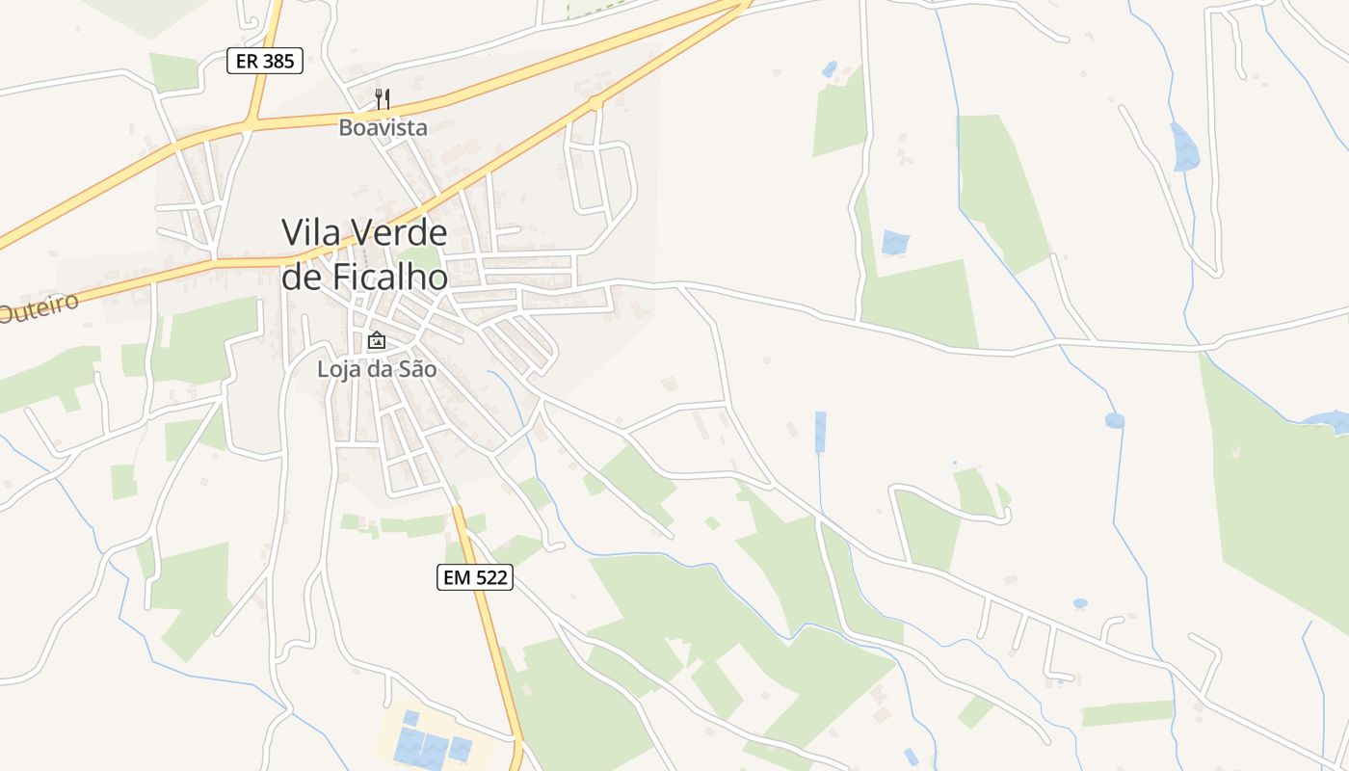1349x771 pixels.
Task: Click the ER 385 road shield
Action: point(265,62)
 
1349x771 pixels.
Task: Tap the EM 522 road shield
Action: point(475,577)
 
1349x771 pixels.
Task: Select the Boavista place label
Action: point(383,127)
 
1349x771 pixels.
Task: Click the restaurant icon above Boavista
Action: point(383,98)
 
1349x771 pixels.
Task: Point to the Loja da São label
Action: point(377,368)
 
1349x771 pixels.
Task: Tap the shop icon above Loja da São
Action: point(377,340)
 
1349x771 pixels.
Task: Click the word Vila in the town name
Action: point(310,232)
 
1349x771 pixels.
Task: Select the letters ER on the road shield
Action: point(247,62)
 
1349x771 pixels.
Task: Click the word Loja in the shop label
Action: point(338,368)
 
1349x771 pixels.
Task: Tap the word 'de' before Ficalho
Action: point(302,278)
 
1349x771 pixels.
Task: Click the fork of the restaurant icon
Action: point(379,98)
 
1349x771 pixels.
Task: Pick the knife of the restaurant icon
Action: point(386,98)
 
